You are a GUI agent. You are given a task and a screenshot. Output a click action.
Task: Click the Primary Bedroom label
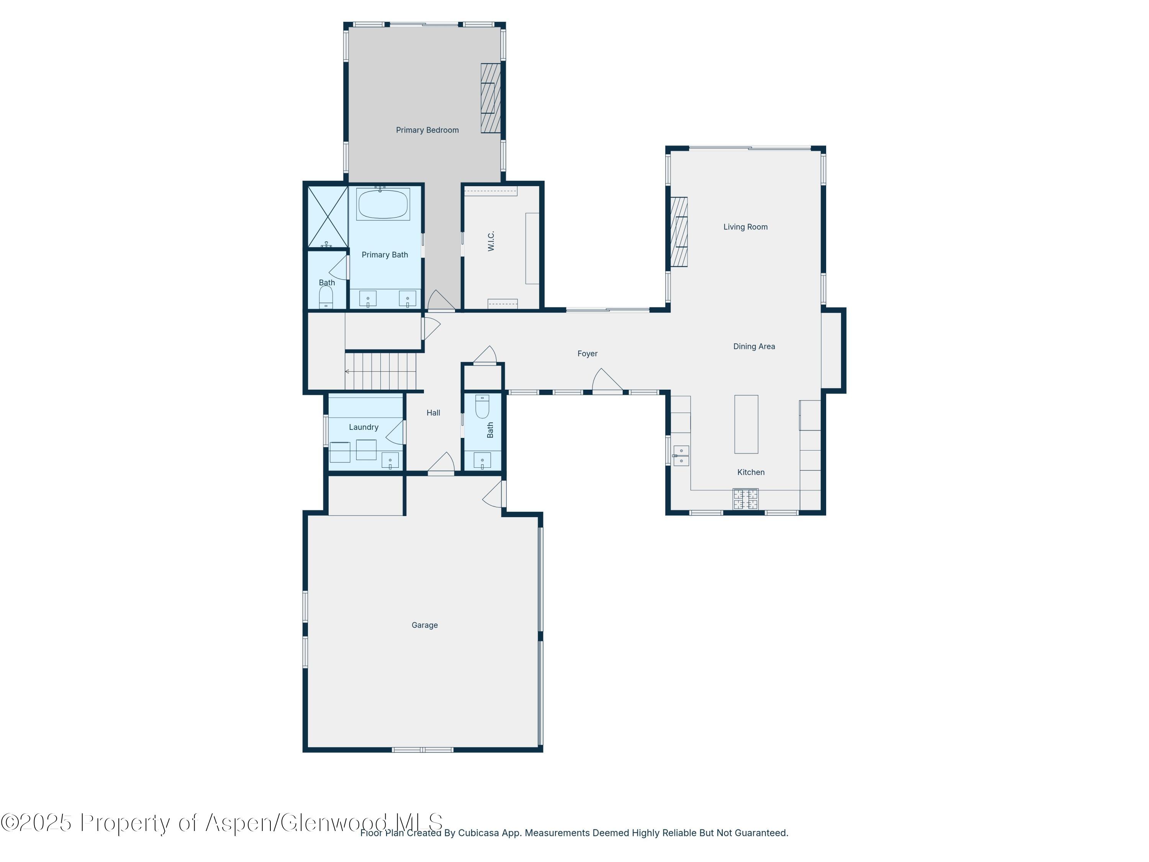pos(427,130)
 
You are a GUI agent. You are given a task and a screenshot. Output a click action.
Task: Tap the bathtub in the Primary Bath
pos(383,204)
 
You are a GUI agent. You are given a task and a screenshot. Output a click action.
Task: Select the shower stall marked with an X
pos(327,216)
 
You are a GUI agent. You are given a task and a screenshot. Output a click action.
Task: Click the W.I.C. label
pos(491,241)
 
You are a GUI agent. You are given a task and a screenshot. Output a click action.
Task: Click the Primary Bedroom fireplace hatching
pos(490,98)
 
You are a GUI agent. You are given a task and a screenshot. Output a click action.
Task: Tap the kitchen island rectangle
pos(746,424)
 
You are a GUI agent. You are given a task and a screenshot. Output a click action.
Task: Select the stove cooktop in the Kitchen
pos(745,499)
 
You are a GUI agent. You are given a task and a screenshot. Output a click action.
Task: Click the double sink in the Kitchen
pos(681,456)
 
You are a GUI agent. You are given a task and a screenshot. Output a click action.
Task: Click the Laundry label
pos(363,427)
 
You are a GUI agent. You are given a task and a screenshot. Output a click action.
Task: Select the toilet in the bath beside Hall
pos(482,407)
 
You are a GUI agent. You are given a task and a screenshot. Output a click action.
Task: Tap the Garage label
pos(424,625)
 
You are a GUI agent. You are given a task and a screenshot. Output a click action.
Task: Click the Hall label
pos(433,413)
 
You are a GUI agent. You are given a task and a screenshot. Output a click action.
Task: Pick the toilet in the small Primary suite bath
pos(326,298)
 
